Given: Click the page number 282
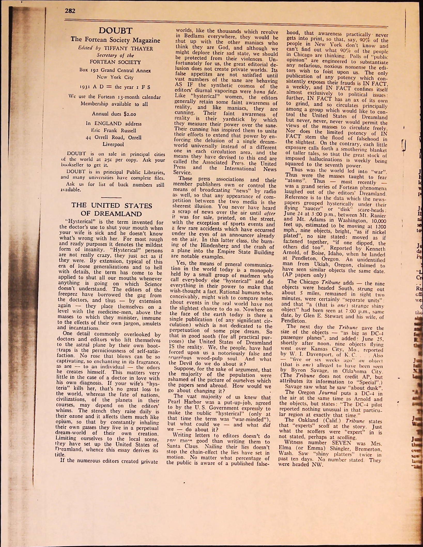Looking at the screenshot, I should tap(70, 11).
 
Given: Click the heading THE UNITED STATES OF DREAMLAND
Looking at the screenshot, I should tap(112, 210).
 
